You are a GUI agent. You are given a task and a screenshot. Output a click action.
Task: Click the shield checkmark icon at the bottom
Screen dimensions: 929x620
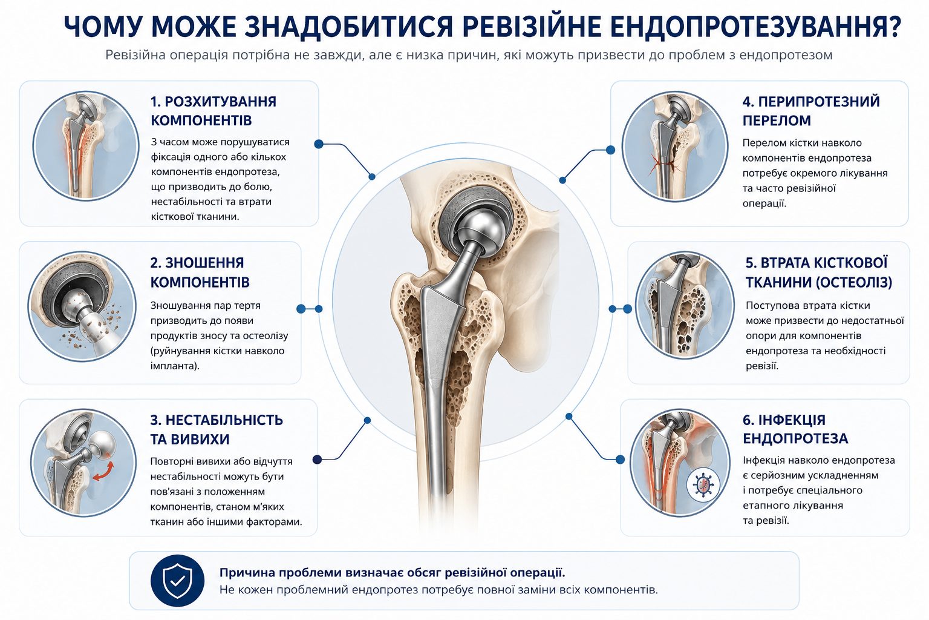[177, 581]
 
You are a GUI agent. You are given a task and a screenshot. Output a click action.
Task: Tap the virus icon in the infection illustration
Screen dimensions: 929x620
[703, 484]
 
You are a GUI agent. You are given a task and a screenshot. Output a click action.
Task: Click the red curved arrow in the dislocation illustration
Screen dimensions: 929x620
[103, 472]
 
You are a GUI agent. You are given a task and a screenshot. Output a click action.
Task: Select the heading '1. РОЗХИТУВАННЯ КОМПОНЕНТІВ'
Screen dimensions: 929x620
[213, 111]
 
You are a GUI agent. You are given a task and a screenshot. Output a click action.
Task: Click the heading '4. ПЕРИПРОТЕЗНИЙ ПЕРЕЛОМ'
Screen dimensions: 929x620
[811, 111]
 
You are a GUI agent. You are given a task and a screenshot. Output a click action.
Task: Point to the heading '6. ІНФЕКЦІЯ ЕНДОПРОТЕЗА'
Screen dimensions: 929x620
[795, 429]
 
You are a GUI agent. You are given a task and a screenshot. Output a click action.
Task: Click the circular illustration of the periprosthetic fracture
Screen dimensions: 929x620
[675, 146]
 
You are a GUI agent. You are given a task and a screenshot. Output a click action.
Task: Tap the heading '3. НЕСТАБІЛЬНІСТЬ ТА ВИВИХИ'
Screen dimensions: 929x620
[216, 429]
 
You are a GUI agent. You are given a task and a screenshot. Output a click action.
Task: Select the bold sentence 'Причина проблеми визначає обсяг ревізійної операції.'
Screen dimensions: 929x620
[392, 573]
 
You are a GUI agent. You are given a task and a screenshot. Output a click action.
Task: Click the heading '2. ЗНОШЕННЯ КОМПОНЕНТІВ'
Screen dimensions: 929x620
[200, 272]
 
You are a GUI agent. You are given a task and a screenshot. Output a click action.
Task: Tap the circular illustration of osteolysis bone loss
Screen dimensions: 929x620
[684, 305]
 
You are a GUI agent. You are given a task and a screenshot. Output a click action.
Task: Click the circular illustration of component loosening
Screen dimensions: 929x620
[86, 146]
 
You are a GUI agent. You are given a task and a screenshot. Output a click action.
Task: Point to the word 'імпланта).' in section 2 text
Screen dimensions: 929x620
[175, 366]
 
